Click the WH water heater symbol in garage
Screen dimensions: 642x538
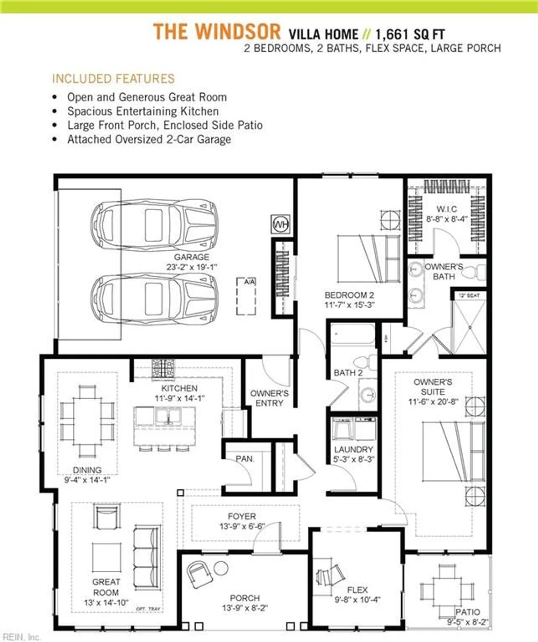(281, 224)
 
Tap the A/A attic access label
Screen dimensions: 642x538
(249, 282)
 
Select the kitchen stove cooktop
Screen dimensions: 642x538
(163, 369)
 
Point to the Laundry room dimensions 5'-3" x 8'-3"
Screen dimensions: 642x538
(353, 459)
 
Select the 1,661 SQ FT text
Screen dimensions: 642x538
(410, 34)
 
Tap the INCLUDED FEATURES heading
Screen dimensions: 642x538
(114, 79)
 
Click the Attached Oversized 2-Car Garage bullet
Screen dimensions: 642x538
(149, 140)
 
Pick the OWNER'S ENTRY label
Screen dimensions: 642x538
(269, 398)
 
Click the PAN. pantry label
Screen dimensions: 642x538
(245, 459)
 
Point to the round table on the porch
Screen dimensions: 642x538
(221, 568)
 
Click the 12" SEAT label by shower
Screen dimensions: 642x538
(469, 295)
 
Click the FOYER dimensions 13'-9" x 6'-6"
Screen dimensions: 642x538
(242, 526)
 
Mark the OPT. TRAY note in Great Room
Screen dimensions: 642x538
(148, 609)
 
